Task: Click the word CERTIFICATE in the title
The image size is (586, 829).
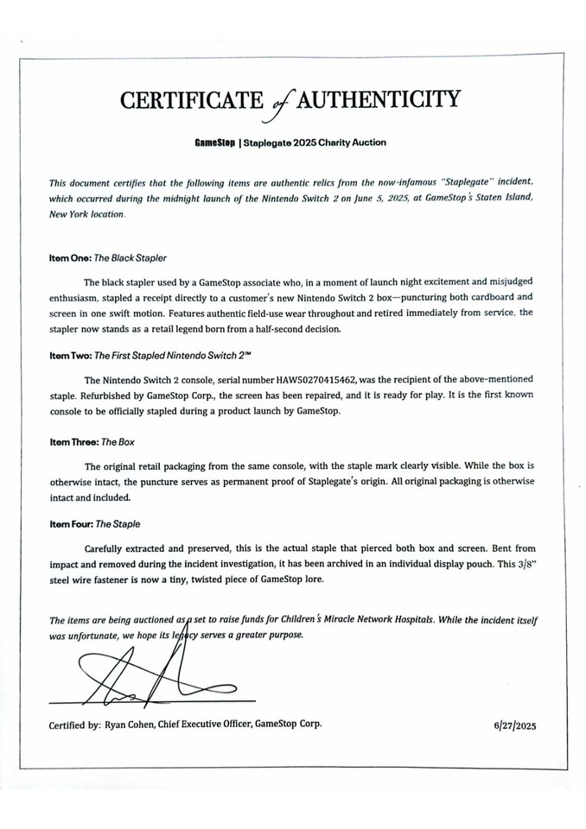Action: [x=189, y=101]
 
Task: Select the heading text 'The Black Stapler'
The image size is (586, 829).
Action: [x=134, y=257]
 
